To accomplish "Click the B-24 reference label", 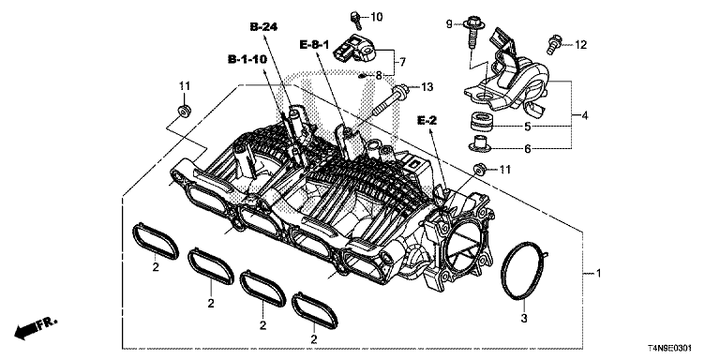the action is click(264, 27).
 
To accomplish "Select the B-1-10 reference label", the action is click(247, 59).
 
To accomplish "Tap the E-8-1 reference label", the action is click(315, 45).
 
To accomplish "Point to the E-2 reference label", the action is click(427, 120).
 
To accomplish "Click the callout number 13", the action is click(427, 87).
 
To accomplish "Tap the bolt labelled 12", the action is click(554, 44).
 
